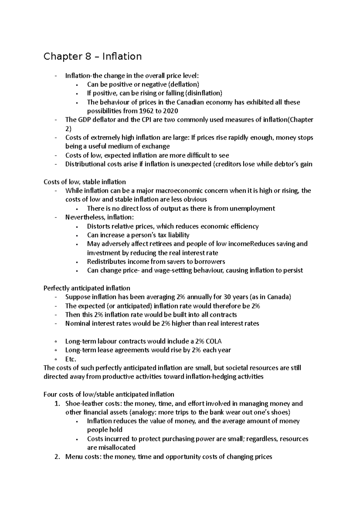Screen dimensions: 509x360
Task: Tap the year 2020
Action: (x=170, y=111)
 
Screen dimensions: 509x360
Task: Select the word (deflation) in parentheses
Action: (x=183, y=85)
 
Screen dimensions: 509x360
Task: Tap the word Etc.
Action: (x=71, y=359)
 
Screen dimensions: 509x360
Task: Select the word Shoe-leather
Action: (x=84, y=403)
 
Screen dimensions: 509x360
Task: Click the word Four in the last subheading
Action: (x=50, y=394)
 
